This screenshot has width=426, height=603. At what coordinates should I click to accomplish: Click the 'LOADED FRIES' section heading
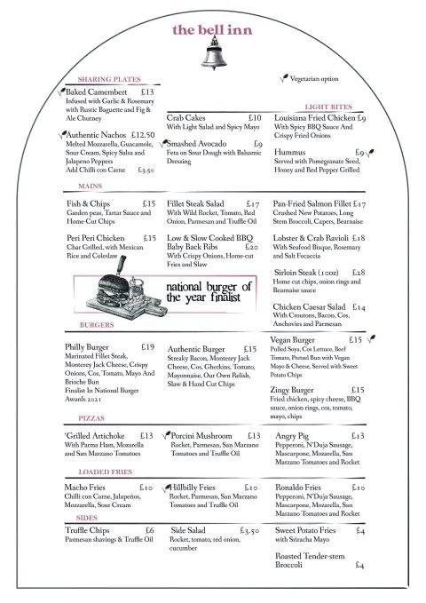[105, 472]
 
